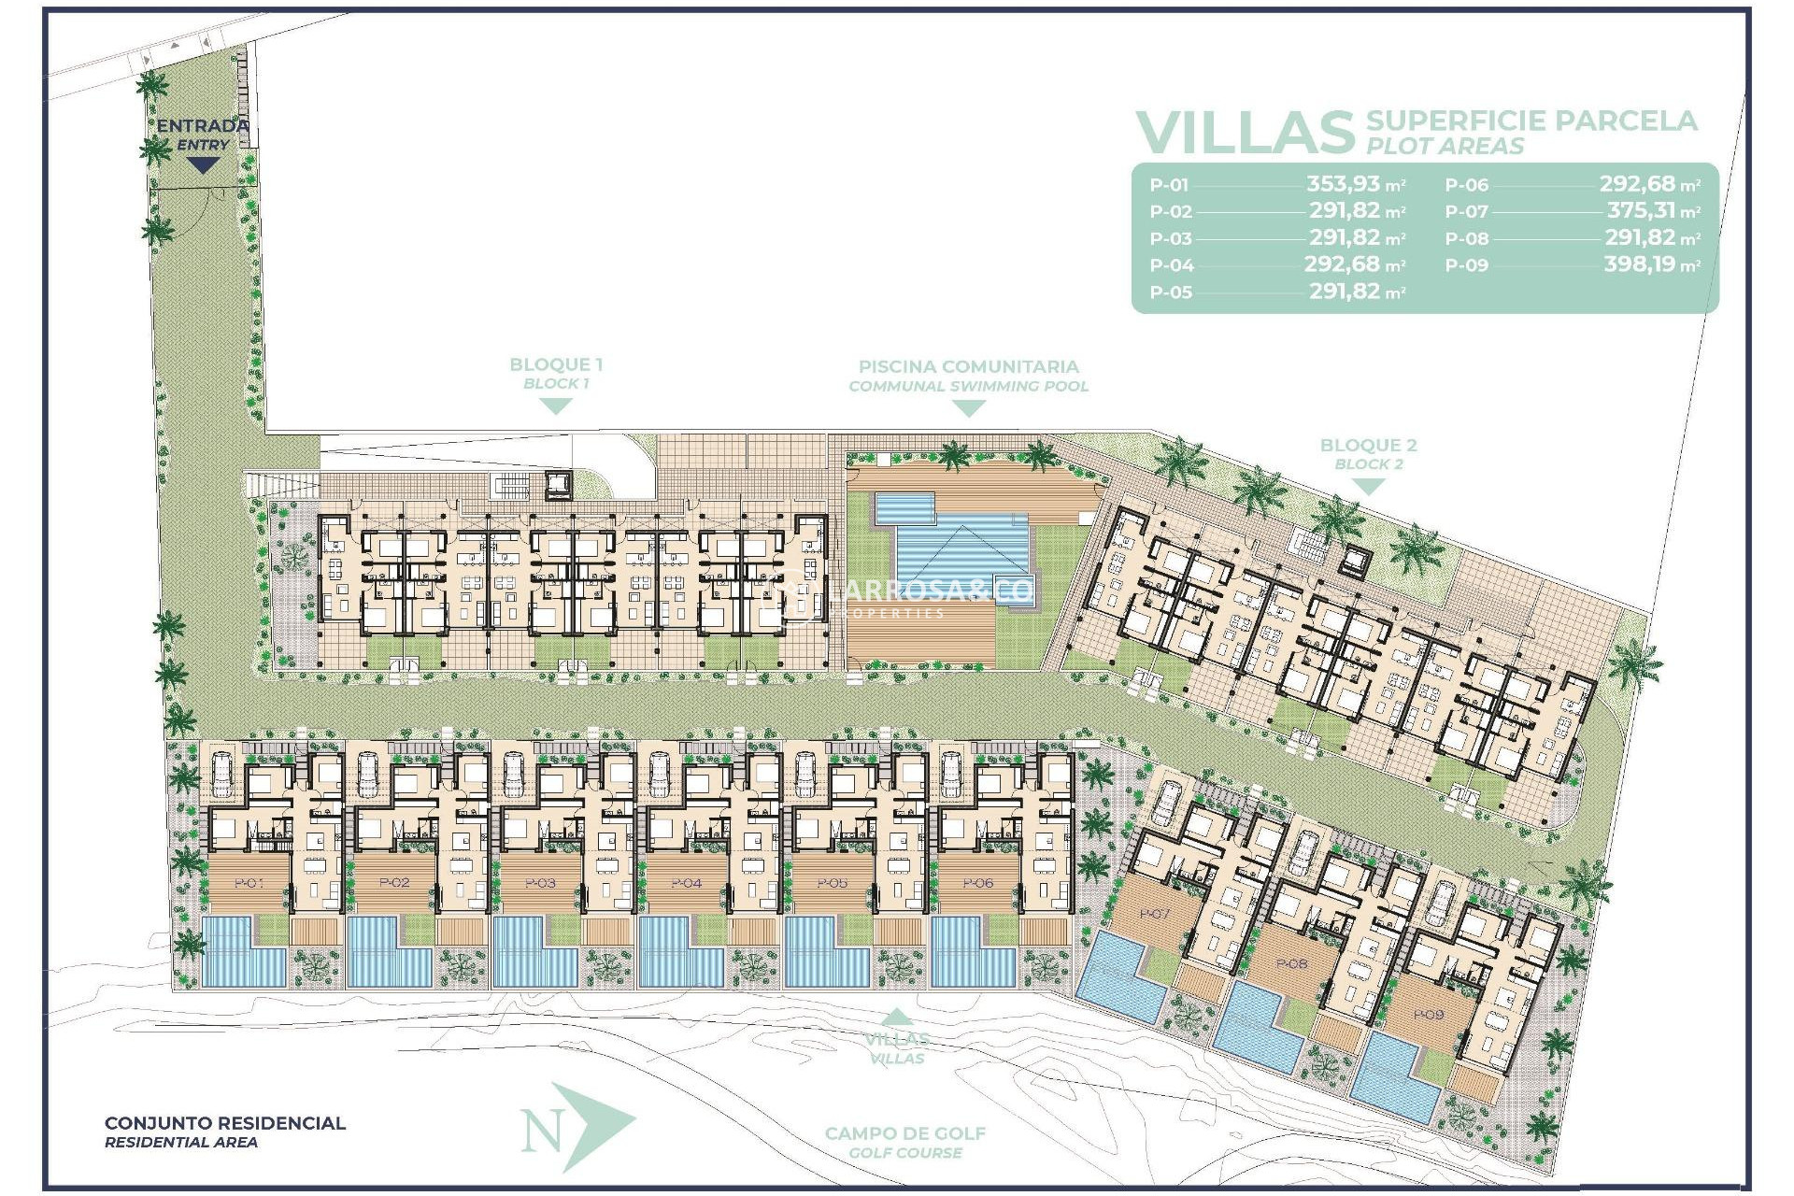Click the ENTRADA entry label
(202, 125)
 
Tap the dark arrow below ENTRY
(203, 165)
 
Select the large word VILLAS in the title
(1245, 134)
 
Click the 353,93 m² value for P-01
(1354, 184)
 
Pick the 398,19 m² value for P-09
(1651, 264)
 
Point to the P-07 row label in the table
(1466, 212)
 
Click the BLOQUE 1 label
(555, 365)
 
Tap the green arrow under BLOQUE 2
(1368, 487)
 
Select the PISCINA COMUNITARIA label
(968, 367)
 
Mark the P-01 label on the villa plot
(249, 882)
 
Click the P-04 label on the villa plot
(687, 882)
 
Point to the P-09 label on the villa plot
(1428, 1015)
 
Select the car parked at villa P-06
(951, 774)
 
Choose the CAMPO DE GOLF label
(904, 1133)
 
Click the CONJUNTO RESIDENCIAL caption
(224, 1123)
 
